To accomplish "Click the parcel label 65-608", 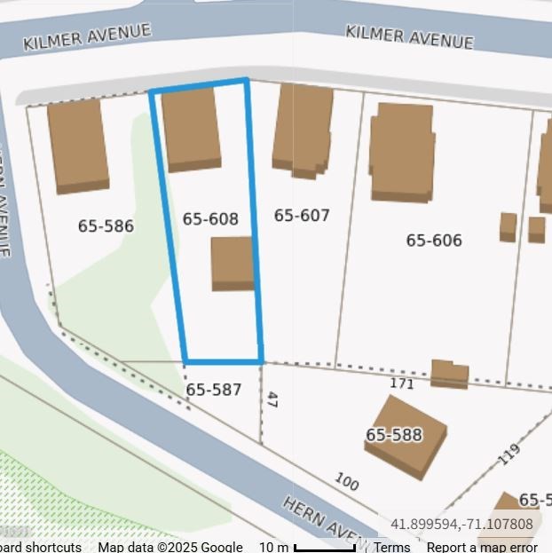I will click(x=210, y=219).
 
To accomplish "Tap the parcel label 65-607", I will click(x=302, y=215).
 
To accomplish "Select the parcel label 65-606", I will click(x=434, y=241).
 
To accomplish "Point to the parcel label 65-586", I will click(x=106, y=226).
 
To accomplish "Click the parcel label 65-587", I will click(x=214, y=390).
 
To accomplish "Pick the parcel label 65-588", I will click(x=394, y=435).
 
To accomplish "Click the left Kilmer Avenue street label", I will click(x=87, y=37).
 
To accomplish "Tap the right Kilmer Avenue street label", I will click(x=409, y=36).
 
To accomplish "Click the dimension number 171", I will click(x=402, y=383).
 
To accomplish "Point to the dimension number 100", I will click(x=347, y=482).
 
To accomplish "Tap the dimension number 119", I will click(x=509, y=454).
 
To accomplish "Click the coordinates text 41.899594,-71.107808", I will click(x=461, y=525).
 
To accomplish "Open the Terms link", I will click(x=391, y=547).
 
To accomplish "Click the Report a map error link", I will click(x=482, y=547).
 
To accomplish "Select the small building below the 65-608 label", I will click(x=233, y=264).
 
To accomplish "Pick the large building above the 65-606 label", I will click(x=401, y=151).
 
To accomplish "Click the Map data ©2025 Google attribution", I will click(x=170, y=547).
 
